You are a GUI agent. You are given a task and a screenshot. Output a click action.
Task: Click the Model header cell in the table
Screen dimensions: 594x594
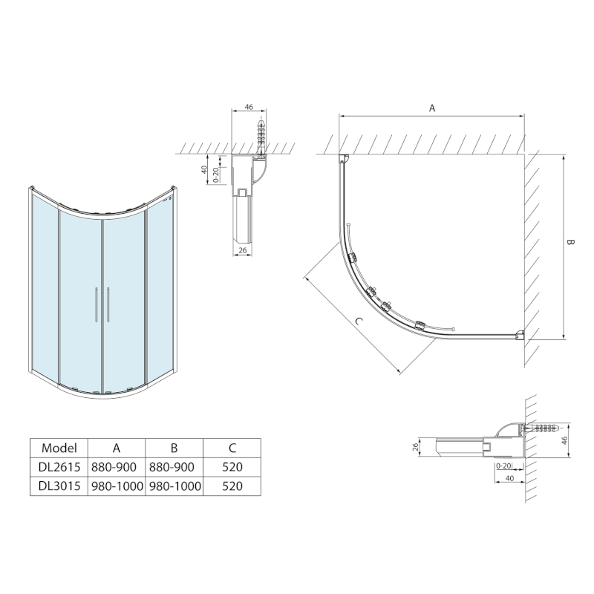pos(59,448)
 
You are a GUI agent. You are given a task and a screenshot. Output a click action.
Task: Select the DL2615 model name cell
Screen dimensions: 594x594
pos(59,467)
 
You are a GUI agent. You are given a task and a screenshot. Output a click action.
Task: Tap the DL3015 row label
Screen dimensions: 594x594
pos(59,486)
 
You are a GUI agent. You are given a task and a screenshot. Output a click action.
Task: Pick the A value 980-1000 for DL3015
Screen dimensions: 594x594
pos(117,486)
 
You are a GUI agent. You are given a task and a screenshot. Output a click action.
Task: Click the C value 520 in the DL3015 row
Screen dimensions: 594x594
pos(232,486)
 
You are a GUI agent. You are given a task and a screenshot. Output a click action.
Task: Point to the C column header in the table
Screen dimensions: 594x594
pos(232,448)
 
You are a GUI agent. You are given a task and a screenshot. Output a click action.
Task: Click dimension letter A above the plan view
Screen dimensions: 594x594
pos(432,108)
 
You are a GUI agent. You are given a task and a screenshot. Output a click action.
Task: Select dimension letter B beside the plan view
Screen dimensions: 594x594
pos(570,244)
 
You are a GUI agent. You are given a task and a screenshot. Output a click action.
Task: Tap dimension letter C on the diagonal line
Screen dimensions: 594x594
pos(359,322)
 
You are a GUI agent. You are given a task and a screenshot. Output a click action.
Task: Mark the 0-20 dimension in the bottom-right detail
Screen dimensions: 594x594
pos(502,466)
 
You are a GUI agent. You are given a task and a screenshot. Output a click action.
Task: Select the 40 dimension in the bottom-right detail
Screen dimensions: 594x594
pos(509,479)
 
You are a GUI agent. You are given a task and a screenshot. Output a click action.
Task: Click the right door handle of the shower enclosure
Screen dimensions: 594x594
pos(108,305)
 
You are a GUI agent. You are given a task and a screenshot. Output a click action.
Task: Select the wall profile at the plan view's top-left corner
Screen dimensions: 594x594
pos(344,158)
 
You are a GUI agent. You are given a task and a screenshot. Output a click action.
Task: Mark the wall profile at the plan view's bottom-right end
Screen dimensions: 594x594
pos(523,335)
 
